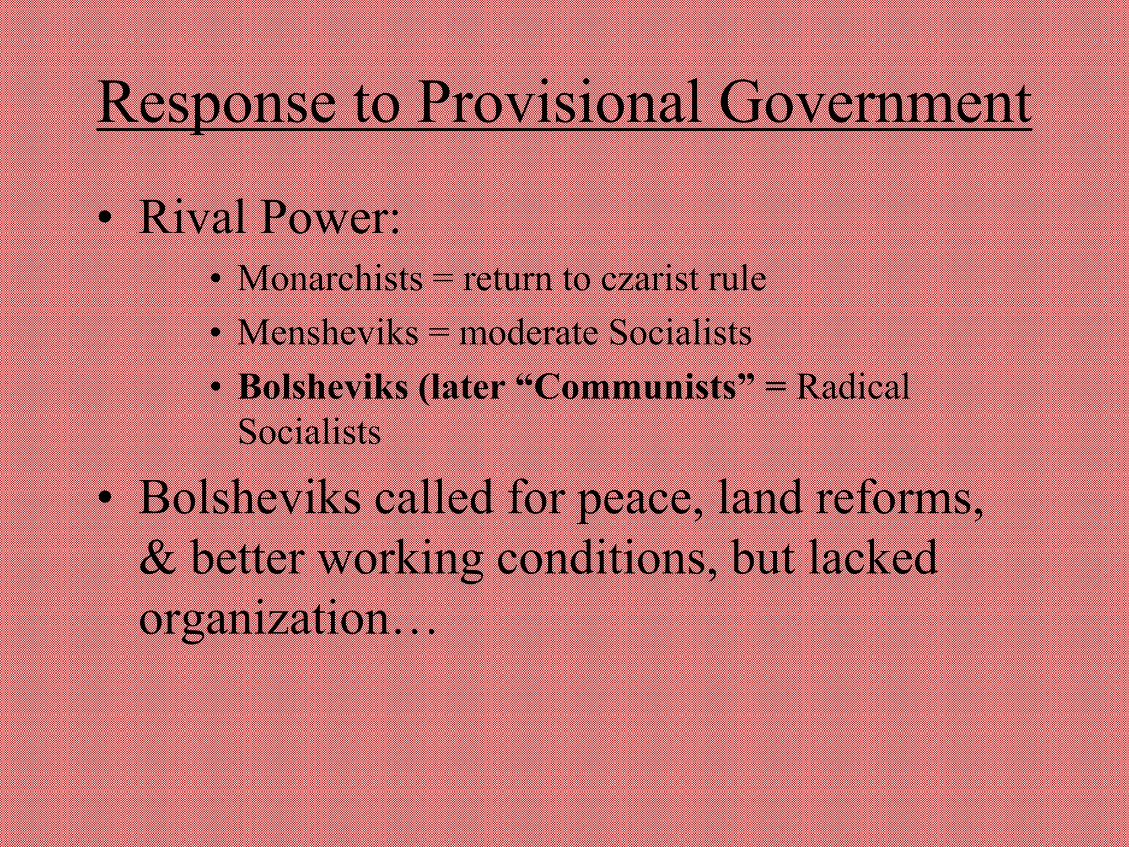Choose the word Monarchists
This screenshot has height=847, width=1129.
click(330, 278)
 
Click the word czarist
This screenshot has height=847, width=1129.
click(650, 278)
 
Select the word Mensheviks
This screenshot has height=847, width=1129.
click(328, 333)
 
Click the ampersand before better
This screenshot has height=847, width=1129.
click(158, 558)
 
